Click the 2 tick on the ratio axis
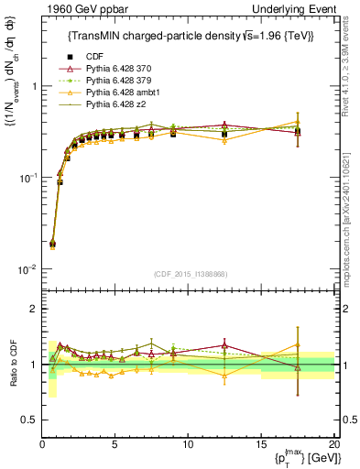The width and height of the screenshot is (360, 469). coord(33,309)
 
